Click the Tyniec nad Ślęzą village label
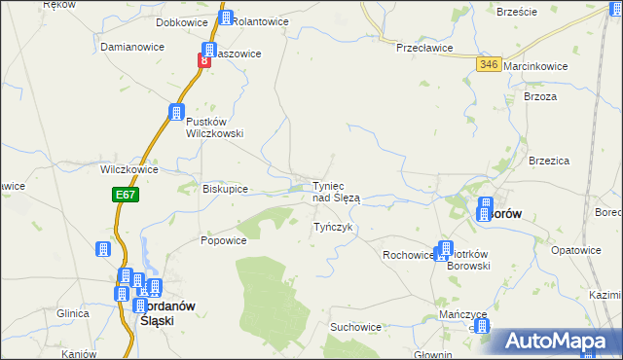[x=336, y=192]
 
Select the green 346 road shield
[x=489, y=63]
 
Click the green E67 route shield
[x=124, y=195]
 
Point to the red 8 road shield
[x=204, y=61]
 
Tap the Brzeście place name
[x=517, y=12]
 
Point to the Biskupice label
[x=225, y=189]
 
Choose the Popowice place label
[x=223, y=239]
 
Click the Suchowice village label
[x=355, y=327]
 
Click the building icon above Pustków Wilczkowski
[x=177, y=113]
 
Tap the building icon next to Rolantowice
[x=226, y=18]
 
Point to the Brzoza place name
[x=540, y=96]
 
